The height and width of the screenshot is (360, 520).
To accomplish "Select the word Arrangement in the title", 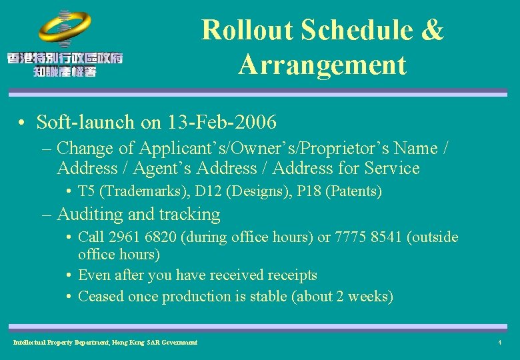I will tap(322, 65).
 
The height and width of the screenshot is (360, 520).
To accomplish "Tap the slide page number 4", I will tap(499, 343).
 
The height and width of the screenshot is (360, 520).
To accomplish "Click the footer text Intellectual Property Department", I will tap(67, 343).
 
